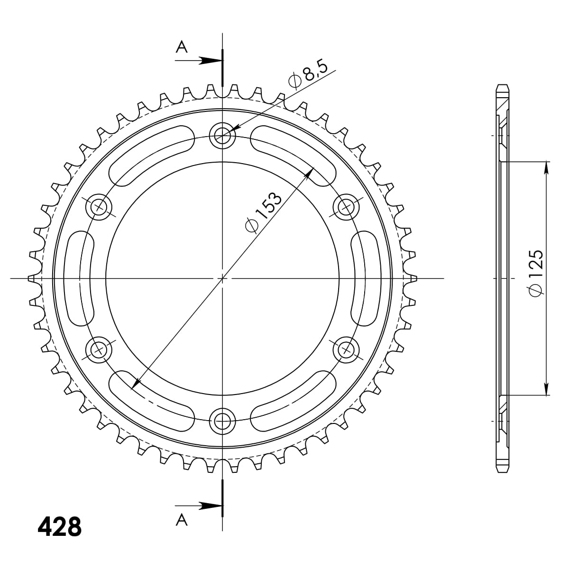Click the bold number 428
[59, 526]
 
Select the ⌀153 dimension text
[264, 212]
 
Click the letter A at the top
[182, 47]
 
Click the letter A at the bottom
[182, 520]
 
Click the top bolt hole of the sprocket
[222, 136]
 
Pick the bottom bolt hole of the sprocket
[222, 420]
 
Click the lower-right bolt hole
[345, 350]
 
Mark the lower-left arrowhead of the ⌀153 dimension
[136, 384]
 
